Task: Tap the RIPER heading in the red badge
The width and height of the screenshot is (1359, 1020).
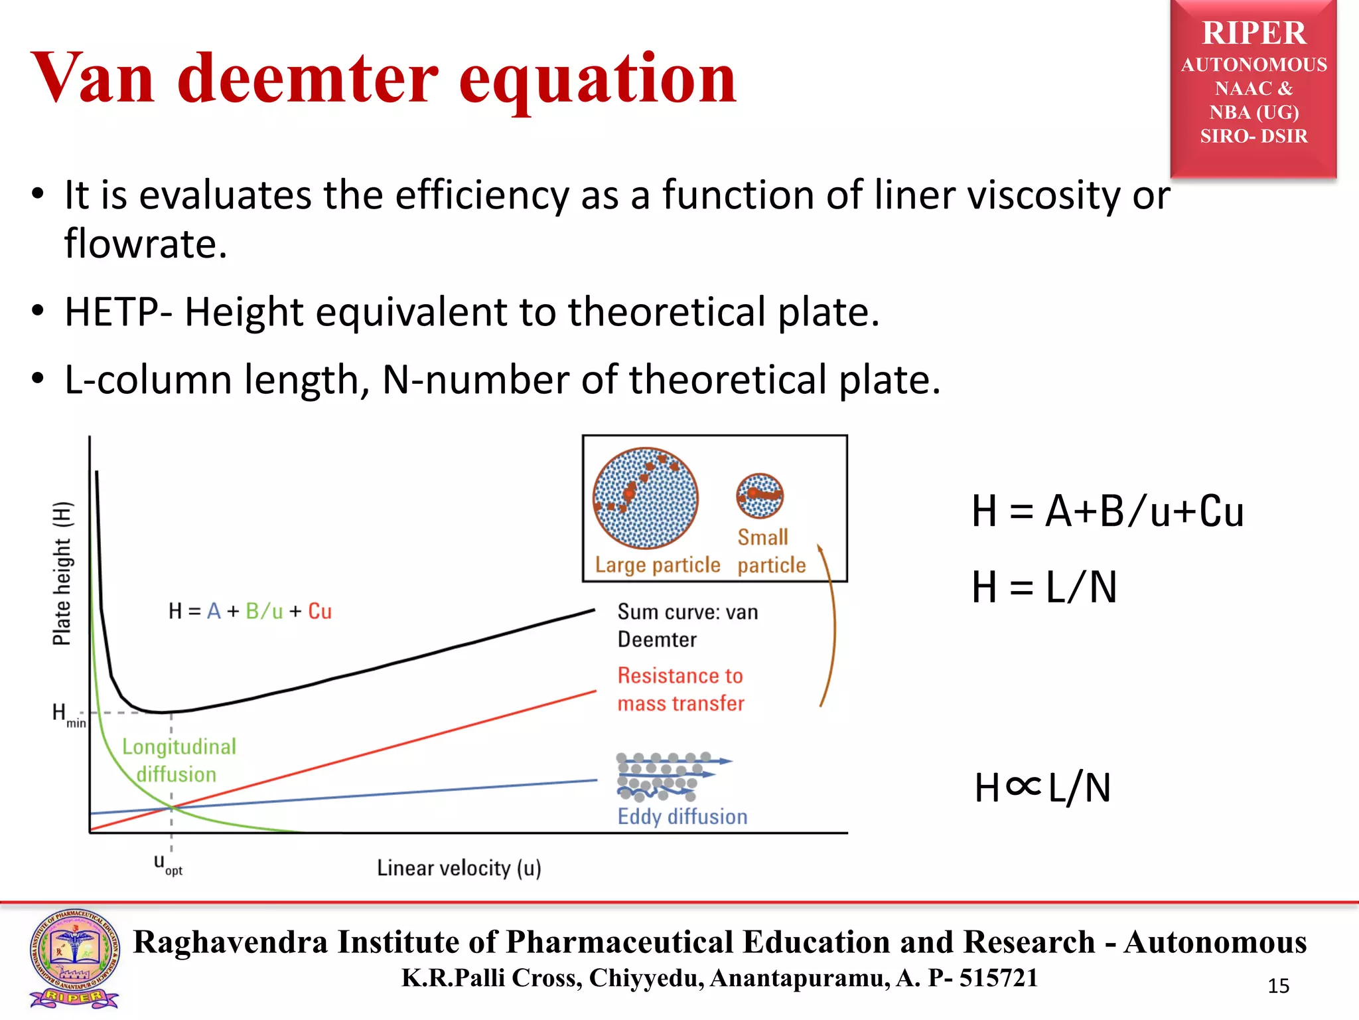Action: tap(1253, 33)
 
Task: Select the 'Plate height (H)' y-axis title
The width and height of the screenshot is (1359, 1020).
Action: tap(62, 573)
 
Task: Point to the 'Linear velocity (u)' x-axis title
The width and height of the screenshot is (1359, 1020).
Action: tap(459, 868)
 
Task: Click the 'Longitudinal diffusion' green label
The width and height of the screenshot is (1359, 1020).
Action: tap(178, 760)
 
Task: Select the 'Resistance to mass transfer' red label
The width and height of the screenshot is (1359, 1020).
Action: tap(681, 689)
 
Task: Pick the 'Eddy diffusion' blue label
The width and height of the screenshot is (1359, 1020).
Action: tap(682, 816)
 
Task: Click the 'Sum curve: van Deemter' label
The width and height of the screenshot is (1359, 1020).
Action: tap(687, 626)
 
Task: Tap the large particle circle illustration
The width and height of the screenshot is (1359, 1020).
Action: tap(646, 498)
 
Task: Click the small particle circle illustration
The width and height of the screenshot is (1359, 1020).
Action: tap(760, 495)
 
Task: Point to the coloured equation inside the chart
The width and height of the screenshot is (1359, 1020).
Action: tap(250, 611)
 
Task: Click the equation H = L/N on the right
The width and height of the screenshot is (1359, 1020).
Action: tap(1044, 587)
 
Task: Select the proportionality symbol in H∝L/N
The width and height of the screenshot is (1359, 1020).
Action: tap(1023, 787)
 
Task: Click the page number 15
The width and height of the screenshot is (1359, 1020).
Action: tap(1278, 986)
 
